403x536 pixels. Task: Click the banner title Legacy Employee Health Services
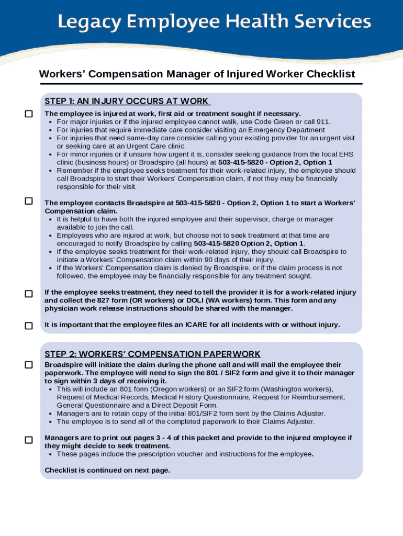coord(214,22)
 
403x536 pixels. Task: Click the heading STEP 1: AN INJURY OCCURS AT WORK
coord(127,101)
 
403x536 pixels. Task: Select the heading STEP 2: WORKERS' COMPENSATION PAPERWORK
coord(152,354)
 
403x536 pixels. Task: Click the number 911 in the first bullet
coord(323,121)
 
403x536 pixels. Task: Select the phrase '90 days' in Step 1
coord(219,260)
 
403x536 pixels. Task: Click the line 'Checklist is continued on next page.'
coord(107,470)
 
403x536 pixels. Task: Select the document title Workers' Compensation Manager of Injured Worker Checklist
coord(197,74)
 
